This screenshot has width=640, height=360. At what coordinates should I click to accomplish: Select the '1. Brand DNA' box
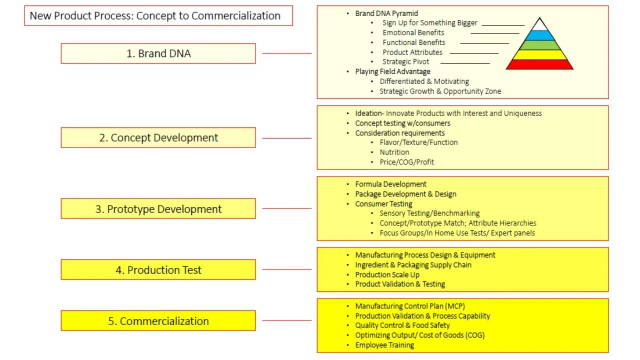(158, 53)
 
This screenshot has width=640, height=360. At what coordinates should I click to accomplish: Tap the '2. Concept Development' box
(158, 137)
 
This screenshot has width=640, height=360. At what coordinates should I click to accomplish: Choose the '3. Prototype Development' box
(158, 209)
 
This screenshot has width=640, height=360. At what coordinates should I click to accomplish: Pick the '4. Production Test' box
(158, 270)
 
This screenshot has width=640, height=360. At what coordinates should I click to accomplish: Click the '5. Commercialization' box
(158, 321)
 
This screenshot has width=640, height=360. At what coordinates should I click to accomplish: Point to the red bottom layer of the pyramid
(539, 64)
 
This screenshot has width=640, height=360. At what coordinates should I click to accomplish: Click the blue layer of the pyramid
(539, 35)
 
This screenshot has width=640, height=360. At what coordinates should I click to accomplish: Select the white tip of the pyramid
(539, 25)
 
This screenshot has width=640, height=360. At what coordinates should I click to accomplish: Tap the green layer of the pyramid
(539, 45)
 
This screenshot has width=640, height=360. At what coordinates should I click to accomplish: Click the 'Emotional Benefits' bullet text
(413, 32)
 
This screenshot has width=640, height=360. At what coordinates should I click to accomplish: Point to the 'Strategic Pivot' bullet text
(405, 61)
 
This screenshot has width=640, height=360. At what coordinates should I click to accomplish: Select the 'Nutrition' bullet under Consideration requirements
(394, 152)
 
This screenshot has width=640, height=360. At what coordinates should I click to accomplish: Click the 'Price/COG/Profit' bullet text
(406, 162)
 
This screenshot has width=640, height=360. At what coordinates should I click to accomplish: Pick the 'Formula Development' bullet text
(390, 184)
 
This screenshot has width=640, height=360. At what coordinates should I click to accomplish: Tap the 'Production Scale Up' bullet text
(387, 274)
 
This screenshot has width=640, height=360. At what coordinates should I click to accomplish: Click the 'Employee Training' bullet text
(384, 345)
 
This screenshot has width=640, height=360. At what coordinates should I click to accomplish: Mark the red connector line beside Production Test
(286, 269)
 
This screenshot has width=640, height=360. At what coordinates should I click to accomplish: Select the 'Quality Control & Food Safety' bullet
(402, 325)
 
